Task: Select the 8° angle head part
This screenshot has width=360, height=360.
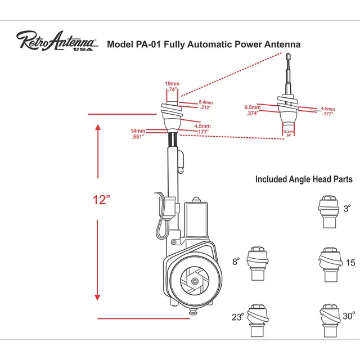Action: point(257,263)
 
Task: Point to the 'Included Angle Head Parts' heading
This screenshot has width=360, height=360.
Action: point(304,179)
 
